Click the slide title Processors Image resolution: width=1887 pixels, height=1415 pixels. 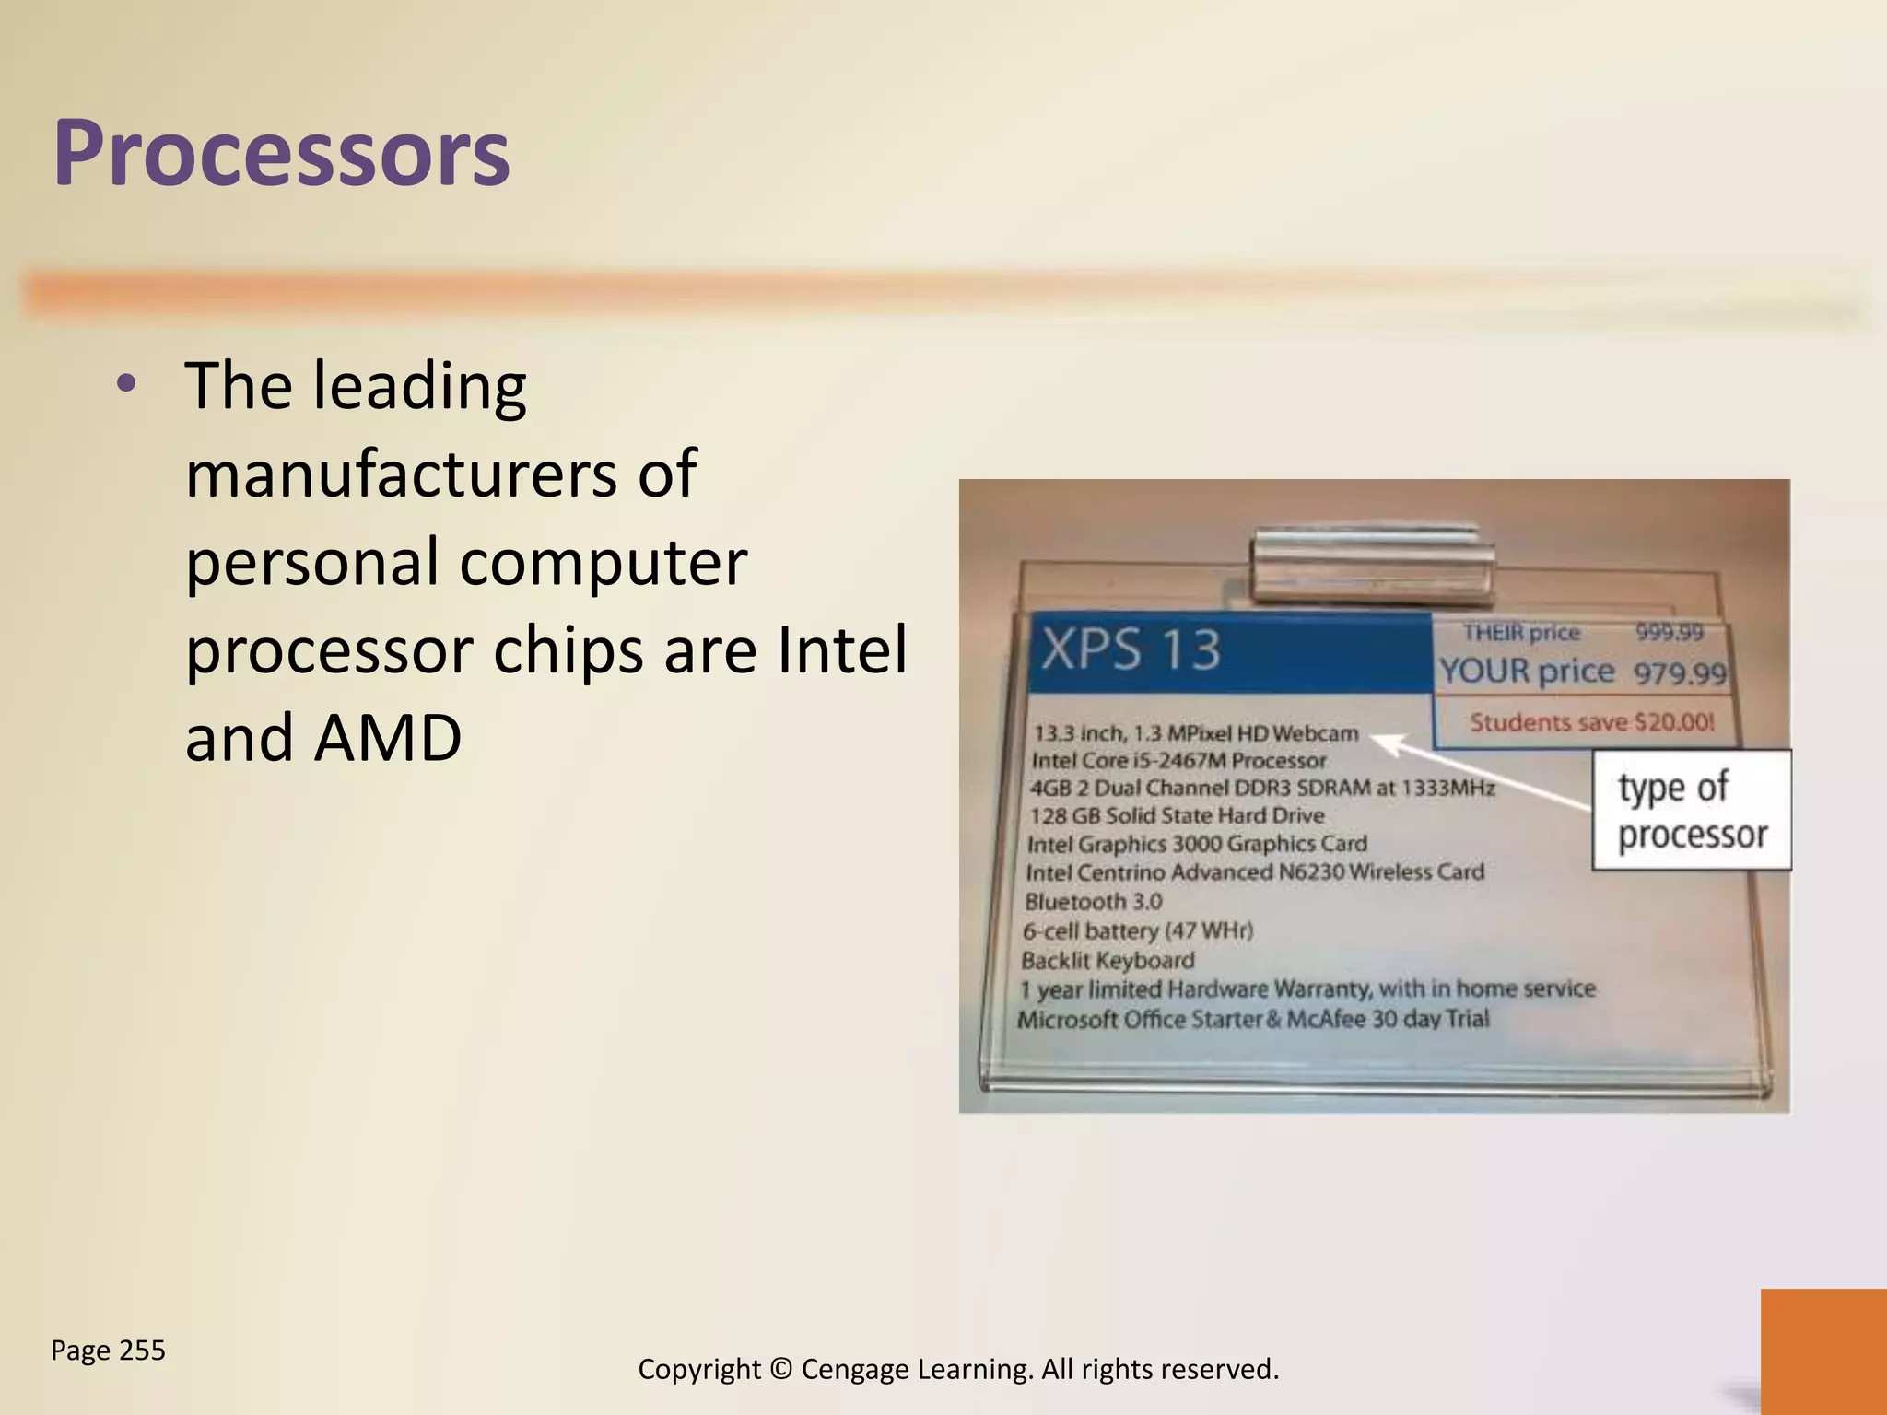(x=281, y=153)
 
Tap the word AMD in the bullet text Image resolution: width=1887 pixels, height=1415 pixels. (x=387, y=738)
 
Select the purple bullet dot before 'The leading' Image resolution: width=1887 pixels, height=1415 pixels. (x=127, y=384)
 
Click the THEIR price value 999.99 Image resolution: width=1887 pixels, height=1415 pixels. (x=1669, y=632)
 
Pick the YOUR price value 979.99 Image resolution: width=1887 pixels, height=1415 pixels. (x=1680, y=673)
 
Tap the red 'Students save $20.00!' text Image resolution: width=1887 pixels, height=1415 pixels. (x=1591, y=722)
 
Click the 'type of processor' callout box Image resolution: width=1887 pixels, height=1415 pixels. (x=1692, y=810)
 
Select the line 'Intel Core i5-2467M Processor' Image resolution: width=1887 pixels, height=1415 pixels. (x=1178, y=761)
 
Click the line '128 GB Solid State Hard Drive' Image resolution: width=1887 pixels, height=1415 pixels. (x=1177, y=815)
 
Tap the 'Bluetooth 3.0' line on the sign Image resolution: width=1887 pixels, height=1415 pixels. (x=1093, y=901)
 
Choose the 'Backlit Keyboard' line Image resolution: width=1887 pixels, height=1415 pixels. (x=1108, y=960)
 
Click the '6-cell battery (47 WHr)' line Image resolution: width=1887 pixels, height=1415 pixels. (x=1137, y=930)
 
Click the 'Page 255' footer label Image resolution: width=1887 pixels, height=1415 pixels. (x=108, y=1351)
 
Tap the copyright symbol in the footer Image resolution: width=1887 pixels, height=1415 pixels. (x=781, y=1370)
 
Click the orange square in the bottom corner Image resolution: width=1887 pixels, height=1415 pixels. (x=1823, y=1351)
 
